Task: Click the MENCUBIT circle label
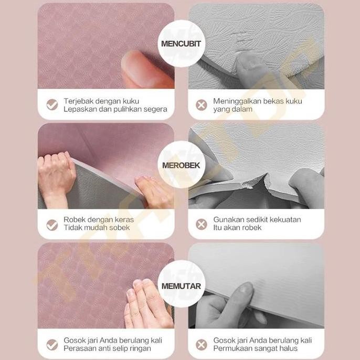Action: point(181,43)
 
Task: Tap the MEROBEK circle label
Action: point(181,165)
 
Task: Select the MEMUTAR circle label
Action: point(181,287)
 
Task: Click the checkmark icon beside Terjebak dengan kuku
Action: point(52,104)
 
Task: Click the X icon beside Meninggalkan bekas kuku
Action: point(202,104)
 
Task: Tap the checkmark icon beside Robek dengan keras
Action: point(52,224)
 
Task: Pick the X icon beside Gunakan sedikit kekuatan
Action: point(202,224)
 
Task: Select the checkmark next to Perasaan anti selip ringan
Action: point(52,344)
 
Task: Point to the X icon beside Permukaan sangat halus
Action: point(202,344)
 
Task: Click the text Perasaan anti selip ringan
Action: point(107,348)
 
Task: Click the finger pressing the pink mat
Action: point(144,70)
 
